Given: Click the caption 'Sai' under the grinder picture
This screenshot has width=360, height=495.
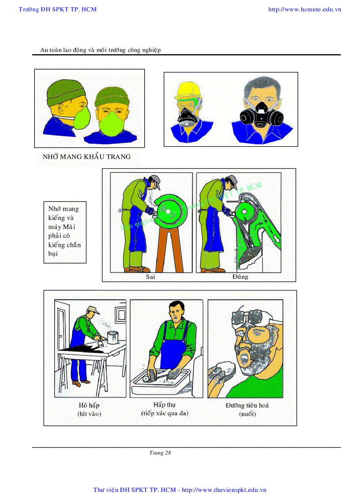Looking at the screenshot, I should tap(150, 277).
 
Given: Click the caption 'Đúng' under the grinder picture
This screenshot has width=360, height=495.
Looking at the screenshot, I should tap(240, 277).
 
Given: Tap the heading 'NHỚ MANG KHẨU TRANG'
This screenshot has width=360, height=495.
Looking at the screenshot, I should tap(86, 156).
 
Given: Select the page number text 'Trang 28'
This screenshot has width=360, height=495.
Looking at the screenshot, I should tap(160, 453).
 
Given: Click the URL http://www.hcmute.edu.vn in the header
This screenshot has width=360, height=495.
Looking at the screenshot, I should tap(304, 9).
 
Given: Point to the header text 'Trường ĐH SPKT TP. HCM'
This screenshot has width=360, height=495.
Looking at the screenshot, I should tap(58, 9).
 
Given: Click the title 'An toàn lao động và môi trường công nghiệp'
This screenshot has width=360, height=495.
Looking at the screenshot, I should tap(101, 50).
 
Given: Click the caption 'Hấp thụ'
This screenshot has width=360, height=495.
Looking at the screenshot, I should tap(165, 405).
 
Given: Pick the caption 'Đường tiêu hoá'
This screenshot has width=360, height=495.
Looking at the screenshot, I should tap(247, 405).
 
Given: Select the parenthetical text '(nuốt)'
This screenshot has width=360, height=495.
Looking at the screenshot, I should tap(247, 414).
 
